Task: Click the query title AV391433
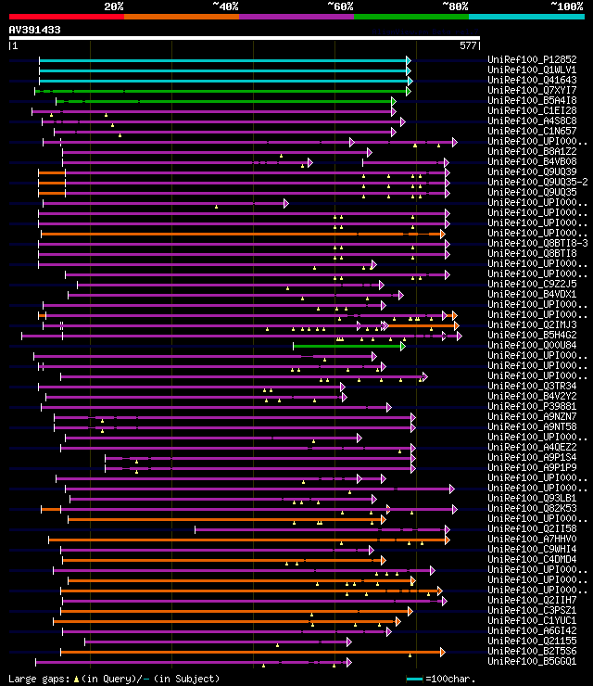[35, 30]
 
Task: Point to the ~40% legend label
[225, 6]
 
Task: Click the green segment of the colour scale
[410, 16]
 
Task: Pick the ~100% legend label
[566, 6]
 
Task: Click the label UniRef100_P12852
[532, 59]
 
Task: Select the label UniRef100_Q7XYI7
[532, 90]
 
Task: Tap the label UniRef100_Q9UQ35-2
[537, 182]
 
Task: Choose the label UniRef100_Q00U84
[532, 345]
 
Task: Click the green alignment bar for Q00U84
[347, 346]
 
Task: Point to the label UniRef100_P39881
[532, 406]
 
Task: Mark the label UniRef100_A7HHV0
[532, 539]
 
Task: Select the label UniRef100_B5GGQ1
[532, 661]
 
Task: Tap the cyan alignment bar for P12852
[222, 60]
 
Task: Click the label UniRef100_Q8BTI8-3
[537, 243]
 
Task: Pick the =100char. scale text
[451, 680]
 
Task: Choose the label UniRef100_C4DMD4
[532, 559]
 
